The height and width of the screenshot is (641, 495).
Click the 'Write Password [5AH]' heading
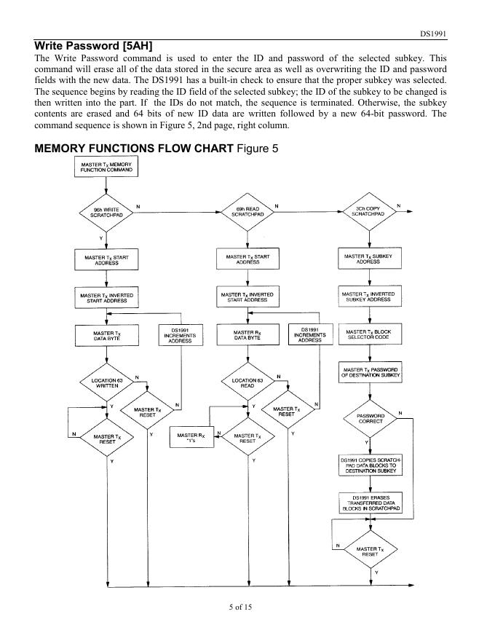[93, 46]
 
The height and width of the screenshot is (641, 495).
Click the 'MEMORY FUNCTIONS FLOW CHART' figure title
[135, 149]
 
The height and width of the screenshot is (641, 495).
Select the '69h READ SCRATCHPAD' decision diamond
[247, 213]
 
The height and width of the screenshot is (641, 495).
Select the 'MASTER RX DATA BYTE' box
[247, 336]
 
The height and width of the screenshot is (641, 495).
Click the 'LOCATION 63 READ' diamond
[247, 383]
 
